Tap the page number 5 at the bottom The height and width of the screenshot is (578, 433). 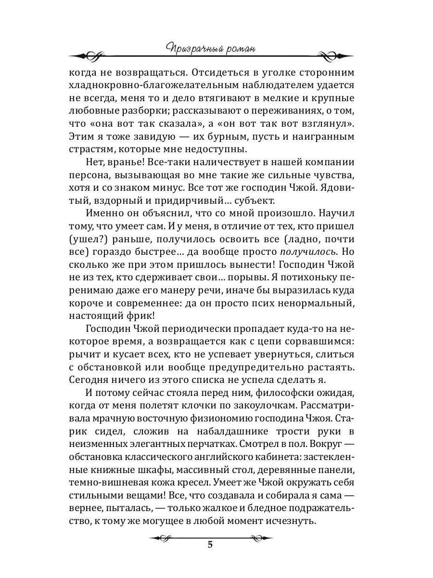pos(209,545)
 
